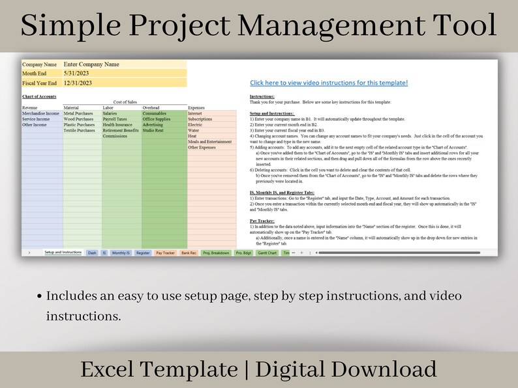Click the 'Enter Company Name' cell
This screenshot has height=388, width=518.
[91, 64]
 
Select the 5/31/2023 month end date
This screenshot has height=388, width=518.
[77, 74]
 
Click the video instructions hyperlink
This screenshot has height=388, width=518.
[329, 83]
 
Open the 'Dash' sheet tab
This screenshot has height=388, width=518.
[92, 253]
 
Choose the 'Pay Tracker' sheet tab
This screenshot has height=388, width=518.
[165, 253]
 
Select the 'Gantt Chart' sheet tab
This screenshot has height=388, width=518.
[267, 253]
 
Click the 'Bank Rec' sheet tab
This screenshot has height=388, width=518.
[189, 253]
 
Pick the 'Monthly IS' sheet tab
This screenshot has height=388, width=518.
[121, 253]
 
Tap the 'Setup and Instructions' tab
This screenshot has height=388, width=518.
[63, 253]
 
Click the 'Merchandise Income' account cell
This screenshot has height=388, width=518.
[40, 113]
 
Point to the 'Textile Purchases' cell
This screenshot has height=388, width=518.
[80, 131]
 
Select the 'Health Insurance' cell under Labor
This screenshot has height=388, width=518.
[118, 125]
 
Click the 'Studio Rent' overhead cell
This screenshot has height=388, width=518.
[153, 131]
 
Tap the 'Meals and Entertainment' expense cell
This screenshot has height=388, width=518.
[209, 142]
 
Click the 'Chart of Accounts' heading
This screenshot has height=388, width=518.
[39, 96]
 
